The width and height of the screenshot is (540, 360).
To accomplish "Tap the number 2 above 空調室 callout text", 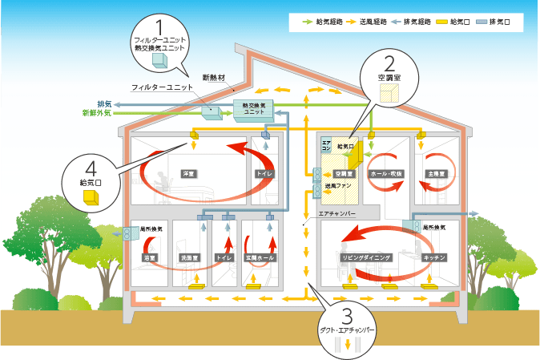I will click(x=389, y=62).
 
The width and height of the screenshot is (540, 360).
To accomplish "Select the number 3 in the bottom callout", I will click(x=347, y=315).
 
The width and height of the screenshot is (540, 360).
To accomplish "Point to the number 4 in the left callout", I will click(x=92, y=169).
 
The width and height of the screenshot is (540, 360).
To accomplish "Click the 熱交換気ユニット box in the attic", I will click(x=254, y=109).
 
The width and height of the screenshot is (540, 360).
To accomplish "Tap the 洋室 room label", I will click(x=189, y=173).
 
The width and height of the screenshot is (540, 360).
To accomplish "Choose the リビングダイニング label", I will click(x=365, y=257).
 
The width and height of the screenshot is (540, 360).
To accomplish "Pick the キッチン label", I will click(x=433, y=257).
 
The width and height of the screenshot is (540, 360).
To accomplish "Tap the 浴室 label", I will click(x=149, y=257).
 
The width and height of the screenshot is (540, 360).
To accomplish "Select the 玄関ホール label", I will click(x=260, y=257).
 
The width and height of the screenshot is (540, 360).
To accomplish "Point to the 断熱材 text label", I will click(x=214, y=78).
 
